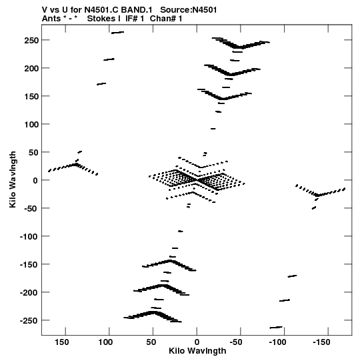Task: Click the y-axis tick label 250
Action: click(x=31, y=40)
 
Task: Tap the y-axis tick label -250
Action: click(x=29, y=321)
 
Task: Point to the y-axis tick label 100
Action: click(x=31, y=125)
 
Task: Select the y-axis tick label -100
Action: click(x=29, y=236)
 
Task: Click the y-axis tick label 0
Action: click(x=35, y=180)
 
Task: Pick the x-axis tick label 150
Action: click(x=61, y=342)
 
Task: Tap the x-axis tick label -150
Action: click(x=321, y=342)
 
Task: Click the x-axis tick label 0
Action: click(x=197, y=342)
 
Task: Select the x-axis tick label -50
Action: click(x=236, y=342)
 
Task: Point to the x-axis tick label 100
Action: click(x=105, y=342)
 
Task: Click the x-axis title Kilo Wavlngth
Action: click(x=197, y=351)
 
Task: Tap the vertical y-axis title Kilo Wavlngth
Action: click(x=13, y=179)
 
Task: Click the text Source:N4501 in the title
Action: click(x=189, y=10)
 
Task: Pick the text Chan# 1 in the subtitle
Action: click(x=166, y=19)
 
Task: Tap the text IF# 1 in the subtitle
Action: click(x=135, y=19)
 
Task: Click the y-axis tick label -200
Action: click(x=29, y=293)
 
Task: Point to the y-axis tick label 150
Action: click(x=31, y=97)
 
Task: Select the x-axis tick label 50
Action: click(x=151, y=342)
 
